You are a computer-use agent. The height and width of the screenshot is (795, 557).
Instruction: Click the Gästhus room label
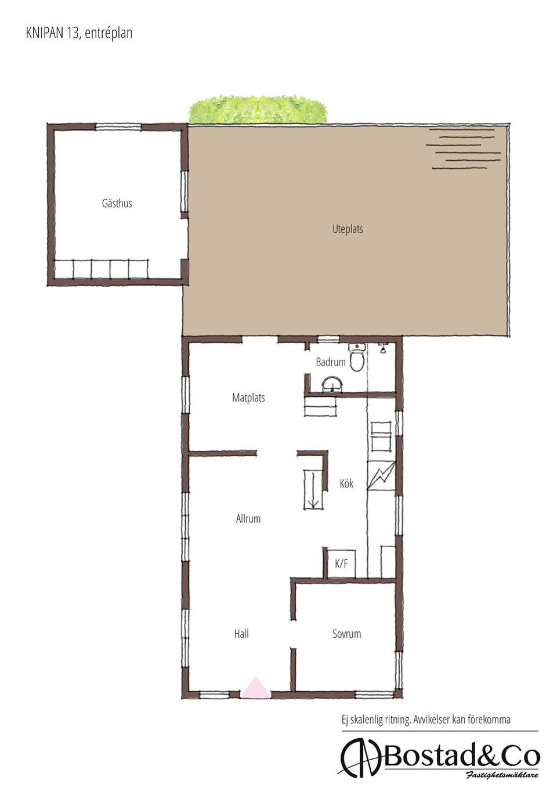tap(117, 203)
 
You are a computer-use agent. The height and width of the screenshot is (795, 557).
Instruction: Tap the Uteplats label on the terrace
tap(348, 229)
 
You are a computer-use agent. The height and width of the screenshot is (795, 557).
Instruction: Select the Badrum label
tap(331, 362)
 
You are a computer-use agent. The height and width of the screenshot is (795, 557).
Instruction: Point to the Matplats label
tap(248, 397)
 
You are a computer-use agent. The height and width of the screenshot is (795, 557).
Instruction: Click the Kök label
tap(346, 483)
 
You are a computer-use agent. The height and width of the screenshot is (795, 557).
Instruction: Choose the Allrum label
tap(248, 519)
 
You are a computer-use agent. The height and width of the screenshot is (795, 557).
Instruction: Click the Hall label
tap(241, 634)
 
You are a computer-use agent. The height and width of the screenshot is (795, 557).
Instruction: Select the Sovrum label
tap(346, 634)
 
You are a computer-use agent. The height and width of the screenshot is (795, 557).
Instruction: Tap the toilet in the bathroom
tap(357, 357)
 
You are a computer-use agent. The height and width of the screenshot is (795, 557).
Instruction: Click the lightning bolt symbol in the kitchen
tap(381, 475)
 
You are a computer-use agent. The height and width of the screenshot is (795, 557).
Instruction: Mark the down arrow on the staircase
tap(313, 503)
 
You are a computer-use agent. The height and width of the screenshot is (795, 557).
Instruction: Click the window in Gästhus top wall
tap(119, 127)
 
